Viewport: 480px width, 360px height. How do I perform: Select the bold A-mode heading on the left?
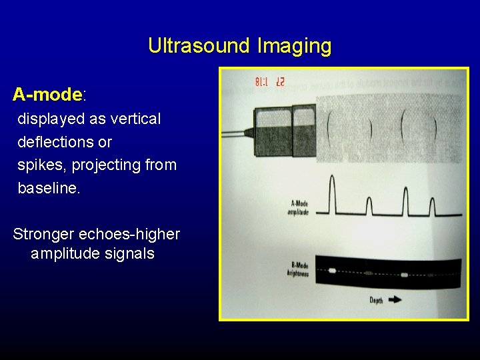point(47,95)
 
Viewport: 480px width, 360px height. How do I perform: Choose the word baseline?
point(48,188)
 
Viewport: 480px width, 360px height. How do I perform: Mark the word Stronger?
point(43,235)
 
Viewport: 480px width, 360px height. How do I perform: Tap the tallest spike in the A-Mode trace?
point(333,193)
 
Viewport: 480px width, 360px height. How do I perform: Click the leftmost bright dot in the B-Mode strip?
point(332,271)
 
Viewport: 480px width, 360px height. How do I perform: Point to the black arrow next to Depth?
point(395,300)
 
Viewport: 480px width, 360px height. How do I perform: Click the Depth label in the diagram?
point(376,301)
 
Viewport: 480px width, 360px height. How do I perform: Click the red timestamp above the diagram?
point(269,83)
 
